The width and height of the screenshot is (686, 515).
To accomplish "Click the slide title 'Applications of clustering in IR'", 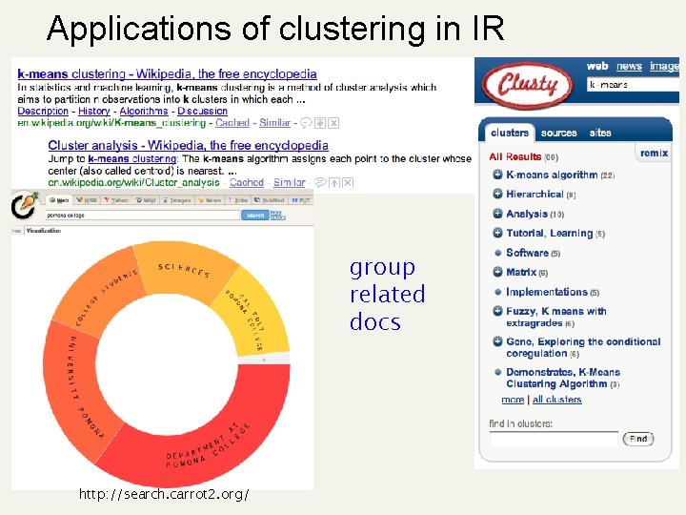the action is pyautogui.click(x=274, y=28).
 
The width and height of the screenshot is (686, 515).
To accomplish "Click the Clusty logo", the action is pyautogui.click(x=527, y=85).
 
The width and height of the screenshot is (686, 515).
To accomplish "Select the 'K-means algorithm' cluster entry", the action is pyautogui.click(x=552, y=175).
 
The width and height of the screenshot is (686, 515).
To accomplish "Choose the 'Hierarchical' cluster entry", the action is pyautogui.click(x=535, y=195).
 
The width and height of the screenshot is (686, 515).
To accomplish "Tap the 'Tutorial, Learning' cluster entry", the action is pyautogui.click(x=549, y=234).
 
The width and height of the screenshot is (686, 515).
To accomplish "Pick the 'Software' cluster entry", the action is pyautogui.click(x=527, y=253).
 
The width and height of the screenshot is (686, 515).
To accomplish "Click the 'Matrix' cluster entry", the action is pyautogui.click(x=521, y=273).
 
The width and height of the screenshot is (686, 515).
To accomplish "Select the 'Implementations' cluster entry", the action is pyautogui.click(x=546, y=292).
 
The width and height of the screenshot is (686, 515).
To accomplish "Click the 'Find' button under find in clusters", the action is pyautogui.click(x=638, y=439).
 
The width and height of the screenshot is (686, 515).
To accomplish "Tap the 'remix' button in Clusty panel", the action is pyautogui.click(x=654, y=154).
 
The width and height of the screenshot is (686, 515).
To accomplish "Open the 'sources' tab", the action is pyautogui.click(x=558, y=134).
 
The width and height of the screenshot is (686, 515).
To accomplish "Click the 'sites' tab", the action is pyautogui.click(x=600, y=134).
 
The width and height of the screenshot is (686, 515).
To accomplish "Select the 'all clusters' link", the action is pyautogui.click(x=557, y=400).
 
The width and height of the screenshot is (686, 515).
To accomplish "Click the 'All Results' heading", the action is pyautogui.click(x=515, y=156).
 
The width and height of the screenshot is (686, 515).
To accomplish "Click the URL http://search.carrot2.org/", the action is pyautogui.click(x=166, y=494).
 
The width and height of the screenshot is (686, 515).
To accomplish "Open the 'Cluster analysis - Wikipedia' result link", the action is pyautogui.click(x=188, y=146).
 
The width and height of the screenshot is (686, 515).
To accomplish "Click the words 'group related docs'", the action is pyautogui.click(x=387, y=295).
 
